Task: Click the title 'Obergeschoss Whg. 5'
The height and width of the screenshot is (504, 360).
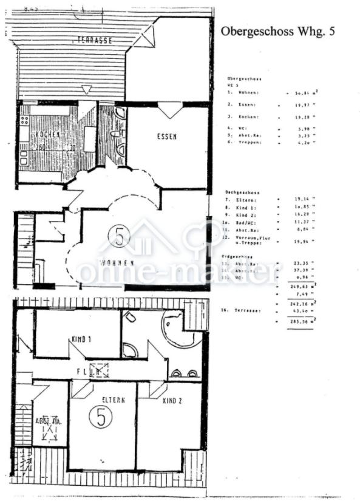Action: click(x=277, y=32)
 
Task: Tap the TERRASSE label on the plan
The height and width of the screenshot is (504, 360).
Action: click(x=94, y=40)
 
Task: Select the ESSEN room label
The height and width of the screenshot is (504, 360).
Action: click(x=166, y=137)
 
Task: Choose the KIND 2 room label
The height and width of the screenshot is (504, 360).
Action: click(x=173, y=401)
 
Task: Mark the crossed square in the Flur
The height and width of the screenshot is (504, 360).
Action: click(x=99, y=370)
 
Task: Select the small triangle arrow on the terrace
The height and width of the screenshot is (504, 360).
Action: click(x=87, y=89)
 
